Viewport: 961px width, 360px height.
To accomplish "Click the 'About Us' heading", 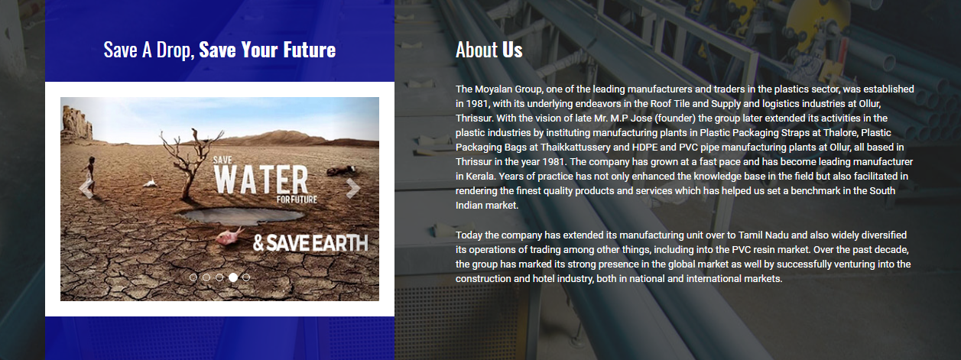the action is pyautogui.click(x=489, y=50).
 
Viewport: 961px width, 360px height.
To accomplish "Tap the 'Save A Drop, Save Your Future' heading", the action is pyautogui.click(x=219, y=50).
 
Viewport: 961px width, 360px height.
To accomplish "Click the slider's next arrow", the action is pyautogui.click(x=352, y=188).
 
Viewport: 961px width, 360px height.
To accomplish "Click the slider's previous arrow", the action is pyautogui.click(x=86, y=188).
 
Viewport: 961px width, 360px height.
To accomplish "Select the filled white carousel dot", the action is pyautogui.click(x=233, y=277).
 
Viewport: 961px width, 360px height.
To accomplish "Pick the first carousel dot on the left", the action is pyautogui.click(x=193, y=277).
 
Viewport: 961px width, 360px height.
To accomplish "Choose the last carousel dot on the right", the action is pyautogui.click(x=246, y=277).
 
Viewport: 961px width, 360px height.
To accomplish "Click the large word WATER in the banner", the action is pyautogui.click(x=261, y=180).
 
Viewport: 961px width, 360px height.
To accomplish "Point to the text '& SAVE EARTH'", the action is pyautogui.click(x=310, y=243).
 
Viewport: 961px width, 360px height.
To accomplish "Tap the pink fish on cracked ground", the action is pyautogui.click(x=229, y=235).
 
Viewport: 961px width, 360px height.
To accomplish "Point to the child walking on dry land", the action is pyautogui.click(x=89, y=176).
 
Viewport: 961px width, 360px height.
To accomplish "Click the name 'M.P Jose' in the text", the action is pyautogui.click(x=631, y=118).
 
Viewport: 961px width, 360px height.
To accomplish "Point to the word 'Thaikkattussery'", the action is pyautogui.click(x=576, y=148).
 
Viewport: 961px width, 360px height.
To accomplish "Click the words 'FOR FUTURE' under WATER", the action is pyautogui.click(x=297, y=199).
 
